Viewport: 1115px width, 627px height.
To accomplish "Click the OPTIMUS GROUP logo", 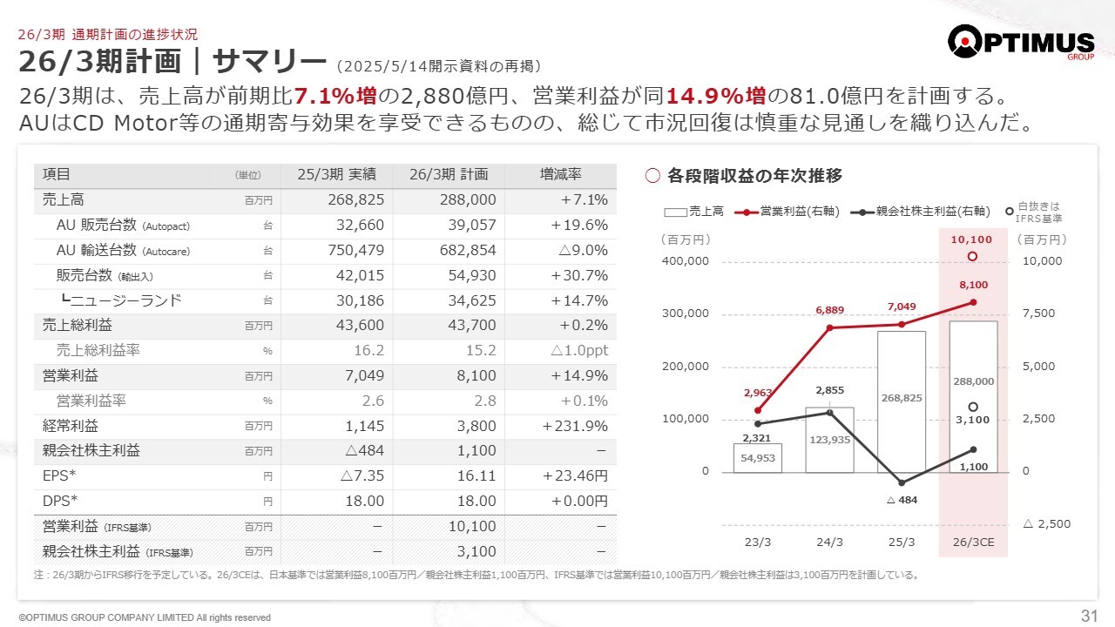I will pos(1020,43).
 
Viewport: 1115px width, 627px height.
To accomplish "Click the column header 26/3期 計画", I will pos(449,174).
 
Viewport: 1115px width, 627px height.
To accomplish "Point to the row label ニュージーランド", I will pos(126,300).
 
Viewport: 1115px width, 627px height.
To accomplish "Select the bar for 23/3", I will pos(757,458).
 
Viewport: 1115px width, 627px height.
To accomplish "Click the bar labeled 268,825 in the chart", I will pos(901,401).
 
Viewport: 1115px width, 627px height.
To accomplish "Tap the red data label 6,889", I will pos(830,310).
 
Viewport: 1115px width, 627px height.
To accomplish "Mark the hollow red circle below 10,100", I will pos(973,256).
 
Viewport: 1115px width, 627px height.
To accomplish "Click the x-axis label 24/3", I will pos(829,542).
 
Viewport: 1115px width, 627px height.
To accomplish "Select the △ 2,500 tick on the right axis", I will pos(1047,524).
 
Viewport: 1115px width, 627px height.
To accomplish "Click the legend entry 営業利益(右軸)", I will pos(787,211).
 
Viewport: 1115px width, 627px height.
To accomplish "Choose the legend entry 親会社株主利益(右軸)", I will pos(923,211).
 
